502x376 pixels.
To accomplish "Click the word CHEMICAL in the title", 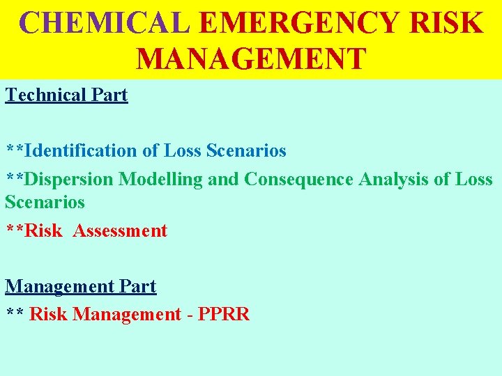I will [105, 22].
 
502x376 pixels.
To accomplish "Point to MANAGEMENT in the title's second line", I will [251, 58].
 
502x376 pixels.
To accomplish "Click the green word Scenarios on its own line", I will [45, 202].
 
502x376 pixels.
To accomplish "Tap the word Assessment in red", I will [120, 230].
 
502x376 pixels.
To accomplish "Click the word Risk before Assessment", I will [43, 230].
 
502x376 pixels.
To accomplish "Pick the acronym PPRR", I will [224, 314].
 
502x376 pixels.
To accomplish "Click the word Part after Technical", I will [110, 95].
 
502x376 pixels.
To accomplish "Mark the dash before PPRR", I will [190, 315].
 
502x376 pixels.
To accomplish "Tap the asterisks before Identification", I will [15, 150].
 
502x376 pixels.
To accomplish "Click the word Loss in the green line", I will [473, 179].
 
